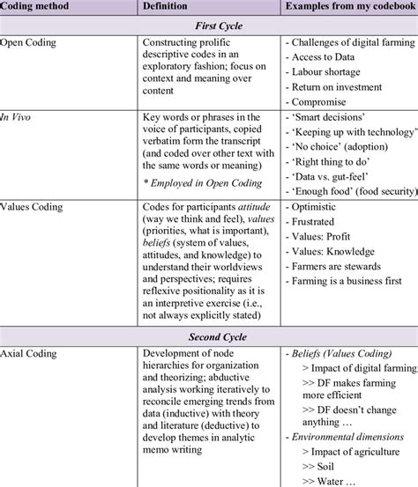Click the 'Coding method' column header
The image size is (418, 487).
34,8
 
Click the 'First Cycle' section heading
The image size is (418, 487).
209,26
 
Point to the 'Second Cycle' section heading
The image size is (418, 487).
209,336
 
